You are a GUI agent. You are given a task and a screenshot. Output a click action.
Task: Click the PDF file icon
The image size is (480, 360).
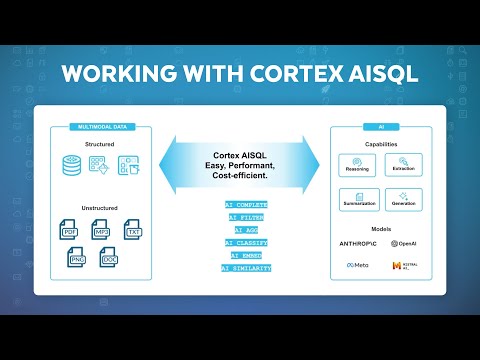(71, 232)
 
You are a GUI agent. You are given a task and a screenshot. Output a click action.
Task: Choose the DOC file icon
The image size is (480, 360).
(111, 260)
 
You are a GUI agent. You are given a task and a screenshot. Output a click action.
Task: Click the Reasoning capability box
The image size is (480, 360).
(357, 164)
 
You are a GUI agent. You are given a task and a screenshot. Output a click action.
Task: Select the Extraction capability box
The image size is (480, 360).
(403, 164)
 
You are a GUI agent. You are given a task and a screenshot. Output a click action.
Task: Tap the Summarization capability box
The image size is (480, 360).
(357, 200)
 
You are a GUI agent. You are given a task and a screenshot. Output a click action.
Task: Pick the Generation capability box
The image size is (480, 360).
(403, 200)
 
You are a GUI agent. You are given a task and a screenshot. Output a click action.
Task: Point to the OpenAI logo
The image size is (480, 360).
(405, 242)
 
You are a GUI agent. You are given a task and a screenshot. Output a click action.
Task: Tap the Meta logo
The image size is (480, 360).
(358, 265)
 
